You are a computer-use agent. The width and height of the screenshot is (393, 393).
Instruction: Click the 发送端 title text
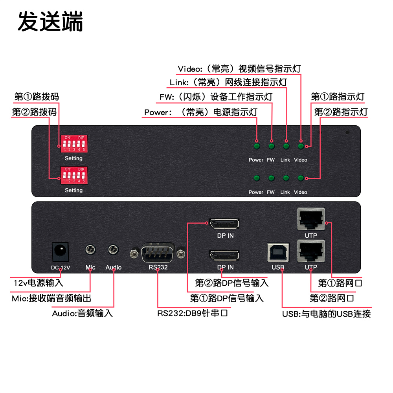(50, 22)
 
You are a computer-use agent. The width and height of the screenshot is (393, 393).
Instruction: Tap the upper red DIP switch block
(73, 144)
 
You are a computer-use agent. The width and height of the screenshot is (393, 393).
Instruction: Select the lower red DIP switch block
(73, 175)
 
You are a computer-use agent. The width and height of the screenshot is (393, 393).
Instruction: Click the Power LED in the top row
(257, 147)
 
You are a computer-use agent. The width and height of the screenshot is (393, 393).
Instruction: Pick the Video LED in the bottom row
(301, 178)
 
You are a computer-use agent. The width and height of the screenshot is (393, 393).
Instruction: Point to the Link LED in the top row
(286, 147)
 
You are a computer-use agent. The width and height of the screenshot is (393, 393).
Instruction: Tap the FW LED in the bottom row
(271, 178)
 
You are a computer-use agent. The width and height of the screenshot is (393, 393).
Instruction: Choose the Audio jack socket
(113, 249)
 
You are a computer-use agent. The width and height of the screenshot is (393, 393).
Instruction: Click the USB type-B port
(278, 253)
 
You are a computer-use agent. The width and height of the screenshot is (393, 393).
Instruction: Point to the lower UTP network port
(311, 252)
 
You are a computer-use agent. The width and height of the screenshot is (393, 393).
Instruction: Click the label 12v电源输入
(38, 283)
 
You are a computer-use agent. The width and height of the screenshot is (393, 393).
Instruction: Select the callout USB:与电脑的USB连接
(326, 314)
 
